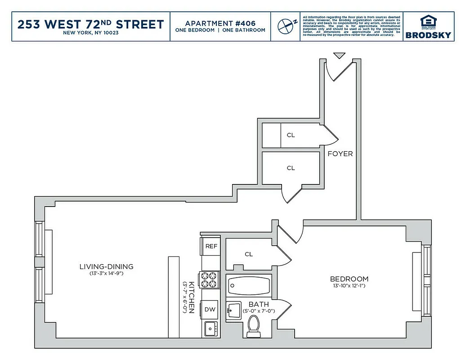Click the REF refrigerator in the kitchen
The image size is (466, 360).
(211, 246)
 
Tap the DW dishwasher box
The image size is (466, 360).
(210, 309)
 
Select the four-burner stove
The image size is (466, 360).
(209, 280)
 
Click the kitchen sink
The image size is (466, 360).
(210, 329)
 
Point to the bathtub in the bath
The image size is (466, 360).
(249, 285)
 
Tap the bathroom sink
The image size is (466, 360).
(234, 310)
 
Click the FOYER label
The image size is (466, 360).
(340, 153)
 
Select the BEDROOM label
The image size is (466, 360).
(349, 279)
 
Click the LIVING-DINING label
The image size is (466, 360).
(107, 266)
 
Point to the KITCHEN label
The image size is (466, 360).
(191, 297)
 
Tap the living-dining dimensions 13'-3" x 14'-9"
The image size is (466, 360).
(107, 273)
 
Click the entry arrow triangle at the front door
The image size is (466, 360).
(340, 55)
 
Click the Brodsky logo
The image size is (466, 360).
(428, 27)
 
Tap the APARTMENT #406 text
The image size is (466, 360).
(220, 23)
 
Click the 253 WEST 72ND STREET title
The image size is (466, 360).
(90, 24)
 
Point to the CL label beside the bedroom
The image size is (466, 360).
(249, 254)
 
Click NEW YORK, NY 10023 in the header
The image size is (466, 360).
(90, 33)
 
